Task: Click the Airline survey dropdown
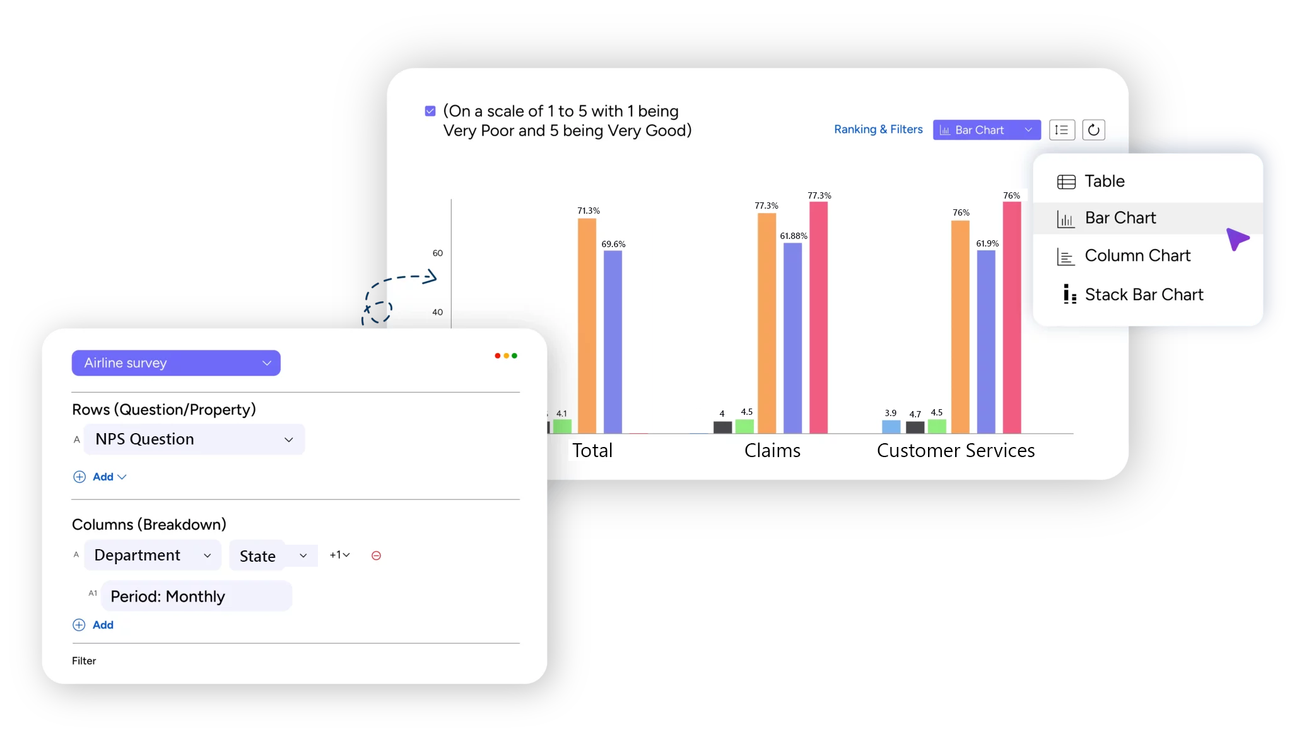pyautogui.click(x=175, y=363)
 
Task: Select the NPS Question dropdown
pyautogui.click(x=194, y=439)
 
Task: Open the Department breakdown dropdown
pyautogui.click(x=152, y=555)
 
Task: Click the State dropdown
pyautogui.click(x=273, y=556)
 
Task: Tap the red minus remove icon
pyautogui.click(x=376, y=555)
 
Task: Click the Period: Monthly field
pyautogui.click(x=196, y=596)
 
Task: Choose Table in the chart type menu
pyautogui.click(x=1104, y=182)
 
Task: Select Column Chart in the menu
pyautogui.click(x=1137, y=256)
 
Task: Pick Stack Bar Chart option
pyautogui.click(x=1143, y=295)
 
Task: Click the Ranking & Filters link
pyautogui.click(x=878, y=130)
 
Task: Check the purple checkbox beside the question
pyautogui.click(x=430, y=112)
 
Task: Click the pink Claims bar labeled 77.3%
pyautogui.click(x=818, y=315)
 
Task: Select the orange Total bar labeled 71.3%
pyautogui.click(x=587, y=325)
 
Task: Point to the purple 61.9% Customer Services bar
pyautogui.click(x=986, y=340)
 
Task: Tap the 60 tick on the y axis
pyautogui.click(x=438, y=253)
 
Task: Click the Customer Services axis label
pyautogui.click(x=955, y=451)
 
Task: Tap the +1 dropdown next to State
pyautogui.click(x=339, y=555)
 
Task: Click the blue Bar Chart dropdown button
pyautogui.click(x=986, y=131)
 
